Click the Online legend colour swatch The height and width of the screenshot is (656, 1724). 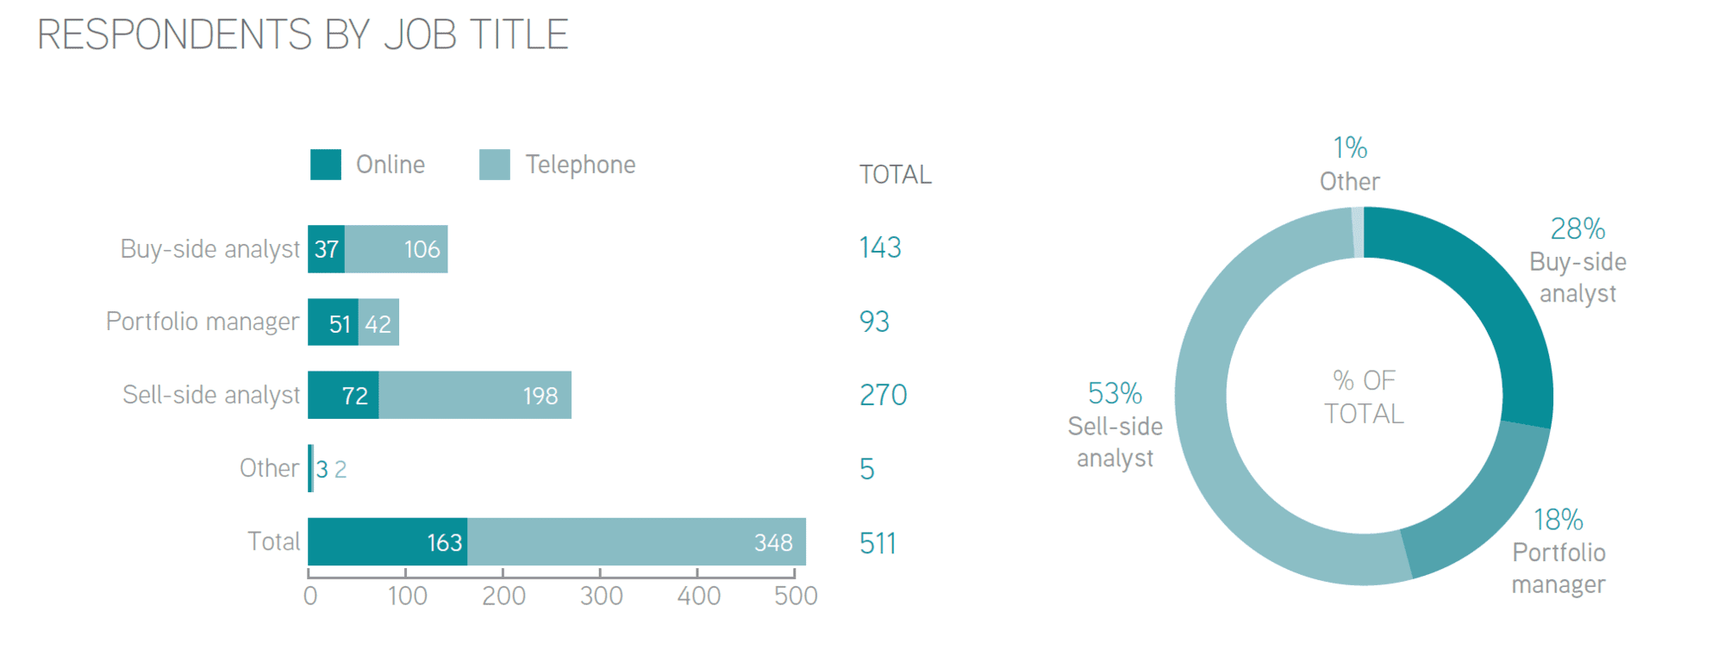326,165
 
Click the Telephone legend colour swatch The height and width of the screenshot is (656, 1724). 495,165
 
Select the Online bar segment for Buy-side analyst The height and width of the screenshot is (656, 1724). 327,249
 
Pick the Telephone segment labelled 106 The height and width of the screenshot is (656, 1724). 397,249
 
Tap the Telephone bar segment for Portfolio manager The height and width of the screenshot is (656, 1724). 378,322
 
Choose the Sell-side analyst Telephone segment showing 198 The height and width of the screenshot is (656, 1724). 475,396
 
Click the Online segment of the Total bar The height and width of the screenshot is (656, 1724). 388,542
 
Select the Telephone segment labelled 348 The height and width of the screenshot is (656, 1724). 636,542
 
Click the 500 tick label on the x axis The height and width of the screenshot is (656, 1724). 796,596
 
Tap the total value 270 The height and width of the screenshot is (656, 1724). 883,396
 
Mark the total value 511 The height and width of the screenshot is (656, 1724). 878,544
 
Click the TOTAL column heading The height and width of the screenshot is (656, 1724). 896,175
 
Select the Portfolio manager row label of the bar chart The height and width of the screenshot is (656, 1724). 203,322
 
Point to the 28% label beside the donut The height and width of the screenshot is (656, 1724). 1577,229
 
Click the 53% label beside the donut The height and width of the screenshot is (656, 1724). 1115,394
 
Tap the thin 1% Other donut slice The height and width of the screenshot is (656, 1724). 1358,233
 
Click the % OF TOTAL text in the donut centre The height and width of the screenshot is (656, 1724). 1364,397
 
